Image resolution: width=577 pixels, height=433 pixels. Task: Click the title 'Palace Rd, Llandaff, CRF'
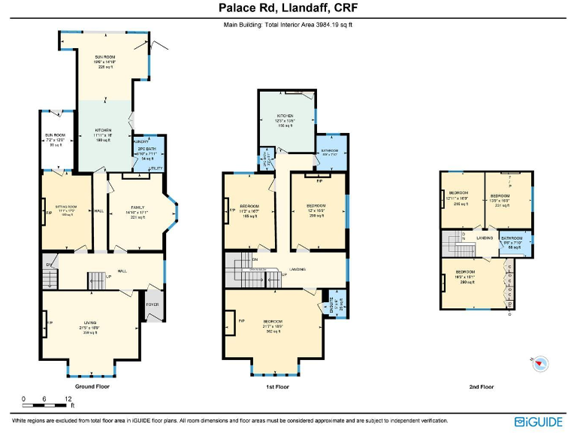tap(288, 9)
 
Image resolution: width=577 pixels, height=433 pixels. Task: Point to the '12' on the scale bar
tap(68, 398)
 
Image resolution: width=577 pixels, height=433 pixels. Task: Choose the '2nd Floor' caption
tap(481, 386)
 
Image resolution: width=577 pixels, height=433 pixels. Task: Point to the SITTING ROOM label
tap(67, 205)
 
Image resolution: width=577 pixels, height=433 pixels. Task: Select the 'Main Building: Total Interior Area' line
tap(288, 25)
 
